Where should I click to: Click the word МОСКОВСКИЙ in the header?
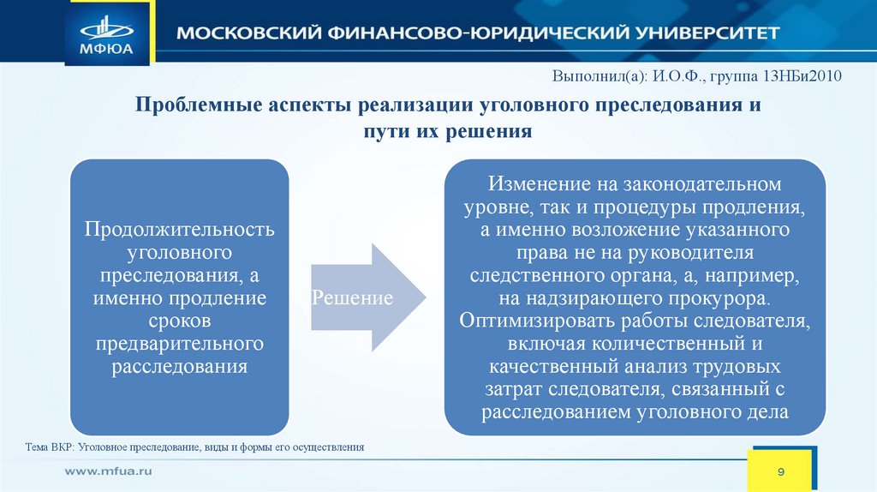pos(241,33)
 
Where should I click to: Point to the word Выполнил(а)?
pos(599,75)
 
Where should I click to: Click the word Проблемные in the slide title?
pos(201,107)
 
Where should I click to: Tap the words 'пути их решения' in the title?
pos(448,132)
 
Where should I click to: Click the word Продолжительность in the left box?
pos(179,231)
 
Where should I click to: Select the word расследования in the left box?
pos(179,367)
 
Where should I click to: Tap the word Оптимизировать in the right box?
pos(527,321)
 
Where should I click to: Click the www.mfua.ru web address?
pos(109,471)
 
